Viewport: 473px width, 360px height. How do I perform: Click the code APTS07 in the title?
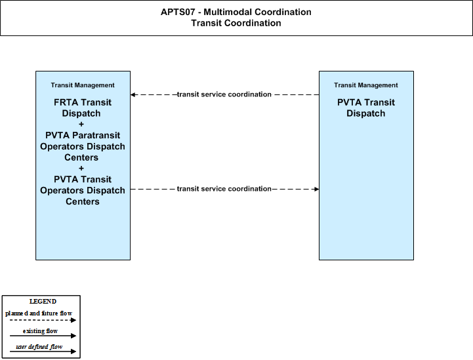[178, 12]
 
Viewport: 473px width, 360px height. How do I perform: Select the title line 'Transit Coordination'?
[236, 23]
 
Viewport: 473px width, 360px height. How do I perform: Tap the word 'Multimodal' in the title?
[228, 12]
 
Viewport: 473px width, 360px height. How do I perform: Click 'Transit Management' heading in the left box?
[83, 85]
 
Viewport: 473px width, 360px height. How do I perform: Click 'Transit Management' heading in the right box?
[366, 85]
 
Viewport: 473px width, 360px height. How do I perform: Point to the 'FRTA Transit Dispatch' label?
[83, 108]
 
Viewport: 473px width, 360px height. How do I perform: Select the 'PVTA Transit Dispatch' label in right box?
[366, 108]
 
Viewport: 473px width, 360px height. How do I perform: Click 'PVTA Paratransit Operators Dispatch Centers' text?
[83, 146]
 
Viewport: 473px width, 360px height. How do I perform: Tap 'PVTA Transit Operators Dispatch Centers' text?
[83, 190]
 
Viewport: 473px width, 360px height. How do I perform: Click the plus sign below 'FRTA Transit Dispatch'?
[81, 124]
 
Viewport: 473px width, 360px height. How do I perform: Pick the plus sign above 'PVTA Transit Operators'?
[81, 169]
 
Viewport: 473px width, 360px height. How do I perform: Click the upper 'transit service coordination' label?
[224, 94]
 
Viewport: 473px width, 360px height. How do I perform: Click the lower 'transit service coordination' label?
[224, 189]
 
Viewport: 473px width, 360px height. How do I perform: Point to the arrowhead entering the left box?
[133, 94]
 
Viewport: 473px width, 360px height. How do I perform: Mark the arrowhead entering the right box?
[316, 189]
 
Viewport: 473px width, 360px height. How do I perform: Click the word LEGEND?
[43, 302]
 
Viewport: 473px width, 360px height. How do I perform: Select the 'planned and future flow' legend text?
[39, 313]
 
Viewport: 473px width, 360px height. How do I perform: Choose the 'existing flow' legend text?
[40, 331]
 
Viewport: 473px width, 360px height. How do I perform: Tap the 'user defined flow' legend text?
[39, 347]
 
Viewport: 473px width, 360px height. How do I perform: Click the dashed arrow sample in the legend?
[43, 320]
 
